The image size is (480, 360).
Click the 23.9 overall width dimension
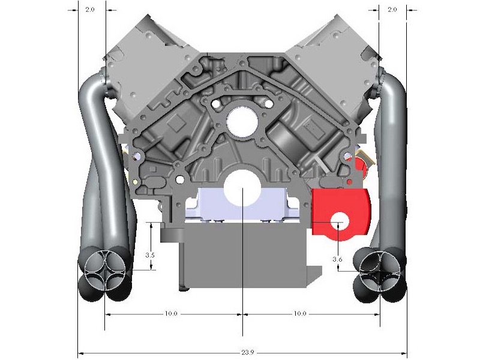pos(247,352)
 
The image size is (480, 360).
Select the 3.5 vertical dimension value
pos(149,255)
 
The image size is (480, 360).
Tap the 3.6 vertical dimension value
pos(337,259)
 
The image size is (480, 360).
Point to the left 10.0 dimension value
pos(171,314)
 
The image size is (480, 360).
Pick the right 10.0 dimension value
pos(300,314)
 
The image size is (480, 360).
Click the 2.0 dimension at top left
pos(90,10)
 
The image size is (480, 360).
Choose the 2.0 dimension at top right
pos(392,10)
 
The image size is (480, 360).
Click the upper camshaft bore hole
pos(242,121)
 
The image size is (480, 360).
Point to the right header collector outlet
pos(380,271)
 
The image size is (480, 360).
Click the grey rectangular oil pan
pos(245,254)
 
